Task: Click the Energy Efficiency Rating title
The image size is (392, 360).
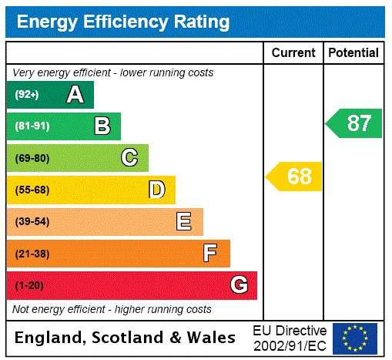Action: point(123,22)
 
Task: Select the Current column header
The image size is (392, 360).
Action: point(293,53)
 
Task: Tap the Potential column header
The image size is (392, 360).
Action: point(353,53)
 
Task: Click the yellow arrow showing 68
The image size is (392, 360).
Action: point(295,177)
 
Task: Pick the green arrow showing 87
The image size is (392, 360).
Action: point(354,123)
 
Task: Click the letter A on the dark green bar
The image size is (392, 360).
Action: point(75,95)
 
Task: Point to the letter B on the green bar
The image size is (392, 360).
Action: point(102,126)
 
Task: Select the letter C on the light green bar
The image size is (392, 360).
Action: point(129,158)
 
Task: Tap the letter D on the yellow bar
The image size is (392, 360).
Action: point(156,190)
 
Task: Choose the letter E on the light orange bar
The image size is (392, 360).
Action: point(184,222)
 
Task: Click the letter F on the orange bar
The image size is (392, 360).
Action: point(210,254)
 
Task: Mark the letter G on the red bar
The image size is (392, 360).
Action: point(239,285)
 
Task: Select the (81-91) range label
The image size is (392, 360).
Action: point(32,126)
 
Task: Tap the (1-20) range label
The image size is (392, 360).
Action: point(29,286)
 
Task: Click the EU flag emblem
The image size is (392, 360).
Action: point(355,338)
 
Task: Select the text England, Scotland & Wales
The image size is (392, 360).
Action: point(126,338)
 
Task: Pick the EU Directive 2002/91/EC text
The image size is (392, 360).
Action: point(290,338)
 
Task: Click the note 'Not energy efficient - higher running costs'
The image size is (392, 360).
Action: point(112,309)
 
